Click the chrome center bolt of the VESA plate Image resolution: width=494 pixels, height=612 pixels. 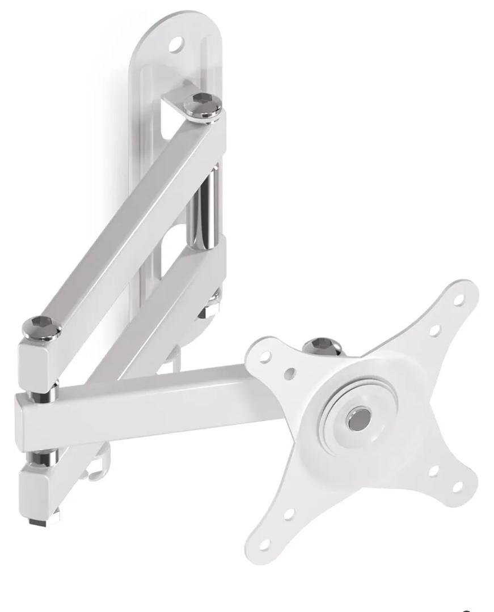(x=358, y=419)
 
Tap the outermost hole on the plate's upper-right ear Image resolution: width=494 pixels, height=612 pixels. (x=458, y=299)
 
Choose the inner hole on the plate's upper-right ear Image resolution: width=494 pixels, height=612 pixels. (x=434, y=330)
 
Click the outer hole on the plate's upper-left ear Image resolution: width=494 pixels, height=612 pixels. (x=265, y=356)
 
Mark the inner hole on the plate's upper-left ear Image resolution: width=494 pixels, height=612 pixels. (x=291, y=372)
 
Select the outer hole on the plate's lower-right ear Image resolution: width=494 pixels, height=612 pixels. (x=457, y=486)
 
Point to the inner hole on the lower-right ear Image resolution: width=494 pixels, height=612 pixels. (x=433, y=470)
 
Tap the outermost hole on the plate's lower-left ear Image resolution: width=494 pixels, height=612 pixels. (x=264, y=543)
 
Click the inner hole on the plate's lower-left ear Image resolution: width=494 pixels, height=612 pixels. (x=289, y=514)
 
